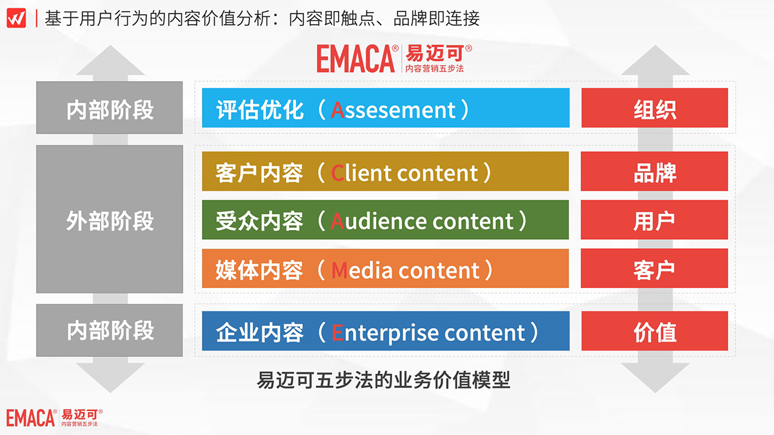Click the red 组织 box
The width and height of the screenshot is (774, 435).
[x=655, y=108]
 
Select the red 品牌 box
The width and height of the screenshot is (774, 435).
[x=655, y=171]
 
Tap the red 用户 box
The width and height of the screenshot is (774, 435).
[x=655, y=220]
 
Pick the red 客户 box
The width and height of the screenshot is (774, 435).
[x=655, y=268]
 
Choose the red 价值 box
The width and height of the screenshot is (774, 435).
[x=655, y=331]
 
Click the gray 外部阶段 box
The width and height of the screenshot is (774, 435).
[x=110, y=219]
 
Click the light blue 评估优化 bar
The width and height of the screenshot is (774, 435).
[x=386, y=108]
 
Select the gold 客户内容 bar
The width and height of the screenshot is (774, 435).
[x=385, y=171]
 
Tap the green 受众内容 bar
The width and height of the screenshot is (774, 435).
[x=385, y=220]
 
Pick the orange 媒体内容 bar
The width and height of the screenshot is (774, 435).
[x=385, y=268]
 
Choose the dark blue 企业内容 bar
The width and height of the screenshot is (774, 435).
[x=386, y=331]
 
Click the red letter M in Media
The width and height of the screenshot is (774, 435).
[x=339, y=270]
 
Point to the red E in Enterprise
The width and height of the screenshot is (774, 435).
[x=337, y=333]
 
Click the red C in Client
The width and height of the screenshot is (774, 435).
[x=337, y=173]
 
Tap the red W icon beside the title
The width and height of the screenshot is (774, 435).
[x=16, y=18]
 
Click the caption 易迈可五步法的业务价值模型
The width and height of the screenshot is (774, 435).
[x=384, y=380]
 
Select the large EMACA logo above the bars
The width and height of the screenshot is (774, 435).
[x=394, y=59]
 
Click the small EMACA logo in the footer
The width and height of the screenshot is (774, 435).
[x=54, y=418]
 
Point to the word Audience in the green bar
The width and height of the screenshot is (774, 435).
[x=379, y=221]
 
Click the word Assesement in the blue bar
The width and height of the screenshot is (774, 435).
[x=393, y=110]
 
